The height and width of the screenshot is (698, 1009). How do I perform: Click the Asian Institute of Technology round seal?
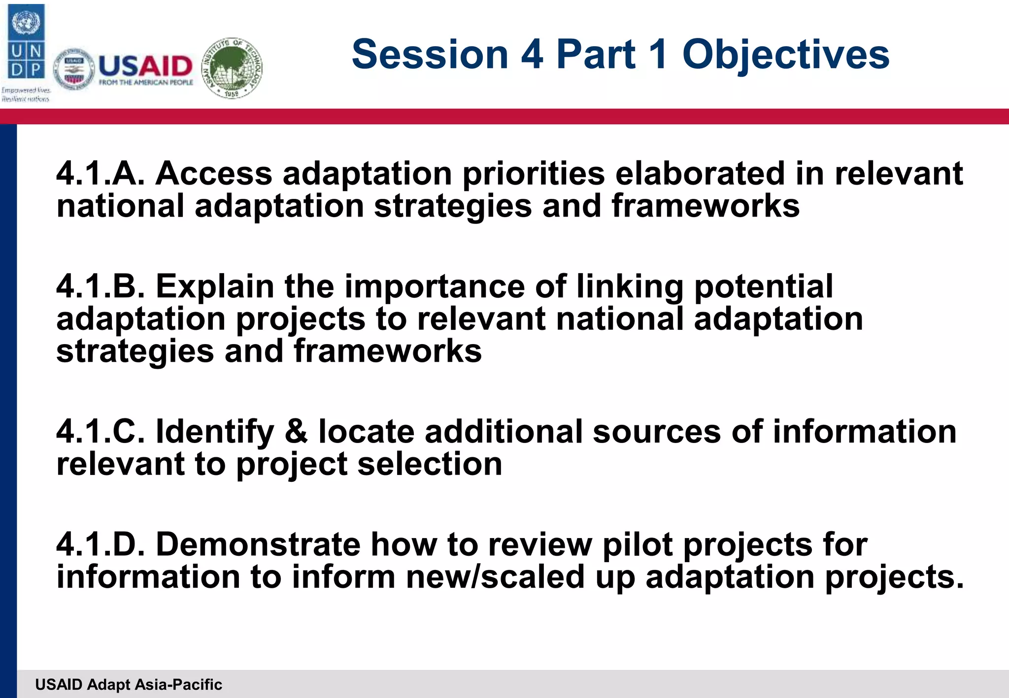pos(233,68)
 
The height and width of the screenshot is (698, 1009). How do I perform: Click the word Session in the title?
pos(430,54)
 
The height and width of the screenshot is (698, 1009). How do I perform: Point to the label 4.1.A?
pos(101,173)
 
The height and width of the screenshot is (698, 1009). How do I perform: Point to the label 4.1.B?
pos(101,286)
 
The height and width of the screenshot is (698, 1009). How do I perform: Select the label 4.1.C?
pos(101,431)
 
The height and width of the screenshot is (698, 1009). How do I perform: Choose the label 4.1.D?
pos(101,544)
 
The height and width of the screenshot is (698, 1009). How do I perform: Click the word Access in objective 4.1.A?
pos(214,173)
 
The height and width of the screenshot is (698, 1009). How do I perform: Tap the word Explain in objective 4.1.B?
pos(215,287)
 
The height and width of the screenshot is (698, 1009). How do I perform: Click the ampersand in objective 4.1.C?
pos(296,431)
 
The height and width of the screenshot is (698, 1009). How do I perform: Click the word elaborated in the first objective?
pos(700,173)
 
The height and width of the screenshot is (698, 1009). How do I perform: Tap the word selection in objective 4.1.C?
pos(430,464)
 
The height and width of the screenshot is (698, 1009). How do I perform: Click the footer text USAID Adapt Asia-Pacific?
pos(129,684)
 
